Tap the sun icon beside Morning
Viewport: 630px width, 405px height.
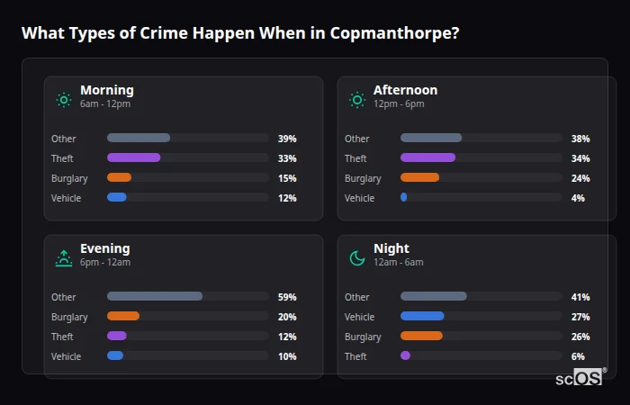[x=64, y=100]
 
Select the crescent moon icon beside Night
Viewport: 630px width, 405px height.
[x=357, y=258]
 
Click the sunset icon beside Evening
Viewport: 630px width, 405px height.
[x=64, y=258]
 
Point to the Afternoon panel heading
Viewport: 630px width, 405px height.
[x=405, y=90]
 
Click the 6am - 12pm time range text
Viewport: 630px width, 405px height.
[x=105, y=104]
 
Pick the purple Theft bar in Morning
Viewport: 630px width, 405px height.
[x=134, y=158]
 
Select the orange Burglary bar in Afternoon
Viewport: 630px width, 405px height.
[x=419, y=178]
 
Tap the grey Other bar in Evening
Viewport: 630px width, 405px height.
[x=155, y=297]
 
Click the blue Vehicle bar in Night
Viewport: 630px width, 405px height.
[x=422, y=317]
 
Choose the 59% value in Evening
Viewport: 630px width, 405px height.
[x=287, y=297]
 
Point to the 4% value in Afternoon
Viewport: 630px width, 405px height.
[x=578, y=198]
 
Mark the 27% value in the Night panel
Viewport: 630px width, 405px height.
[x=580, y=317]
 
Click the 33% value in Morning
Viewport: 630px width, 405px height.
[x=287, y=158]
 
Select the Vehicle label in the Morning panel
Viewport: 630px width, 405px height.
[x=67, y=198]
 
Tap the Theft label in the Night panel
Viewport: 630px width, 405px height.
[x=355, y=356]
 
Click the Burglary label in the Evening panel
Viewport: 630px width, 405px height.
[x=69, y=317]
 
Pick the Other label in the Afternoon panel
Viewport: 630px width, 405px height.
[x=357, y=139]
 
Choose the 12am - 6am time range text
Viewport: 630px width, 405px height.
[x=398, y=263]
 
